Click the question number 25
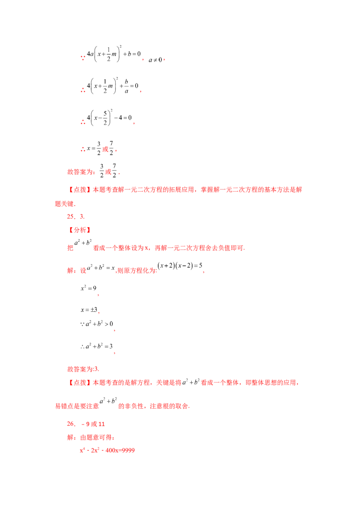tap(71, 217)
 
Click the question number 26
tap(71, 424)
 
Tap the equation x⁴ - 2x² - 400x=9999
tap(107, 450)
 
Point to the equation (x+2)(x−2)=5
tap(180, 266)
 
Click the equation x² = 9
tap(88, 288)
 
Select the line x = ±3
tap(89, 310)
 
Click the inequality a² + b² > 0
tap(96, 324)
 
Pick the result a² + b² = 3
tap(96, 346)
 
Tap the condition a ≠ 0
tap(155, 60)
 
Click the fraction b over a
tap(126, 86)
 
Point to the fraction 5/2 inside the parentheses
tap(105, 118)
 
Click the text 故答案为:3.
tap(83, 369)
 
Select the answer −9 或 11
tap(93, 424)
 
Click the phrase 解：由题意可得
tap(90, 437)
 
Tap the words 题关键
tap(64, 204)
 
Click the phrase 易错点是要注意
tap(77, 406)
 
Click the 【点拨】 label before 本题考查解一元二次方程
tap(80, 190)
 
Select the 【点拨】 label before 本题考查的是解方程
tap(80, 383)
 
